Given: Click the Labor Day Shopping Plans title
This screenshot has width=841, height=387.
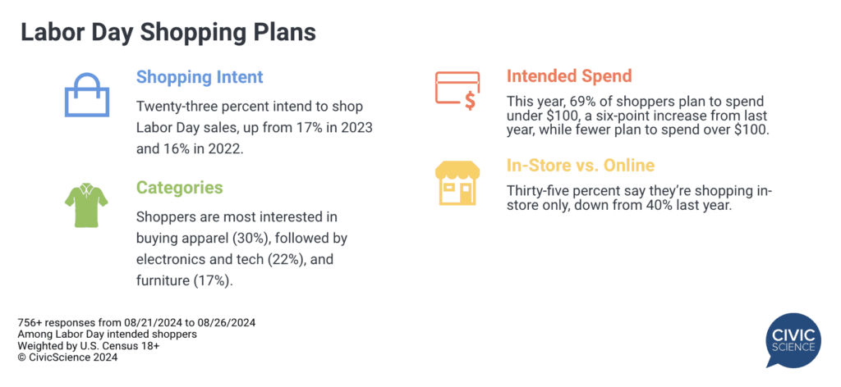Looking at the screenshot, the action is pos(168,32).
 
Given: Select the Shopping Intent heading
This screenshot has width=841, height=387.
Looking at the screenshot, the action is pos(200,76).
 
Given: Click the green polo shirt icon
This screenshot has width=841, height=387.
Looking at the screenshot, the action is pos(86,205).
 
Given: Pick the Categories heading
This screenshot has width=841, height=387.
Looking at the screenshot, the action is pos(179,187).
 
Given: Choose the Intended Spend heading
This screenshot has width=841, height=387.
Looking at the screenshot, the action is pos(569,76).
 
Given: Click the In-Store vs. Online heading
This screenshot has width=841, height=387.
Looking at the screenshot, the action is pos(581,166).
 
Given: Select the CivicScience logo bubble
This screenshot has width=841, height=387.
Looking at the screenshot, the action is pos(793,341).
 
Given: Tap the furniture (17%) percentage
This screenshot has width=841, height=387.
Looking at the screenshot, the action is pos(214,281).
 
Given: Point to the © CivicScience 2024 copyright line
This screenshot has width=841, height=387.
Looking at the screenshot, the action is pos(67,357).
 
